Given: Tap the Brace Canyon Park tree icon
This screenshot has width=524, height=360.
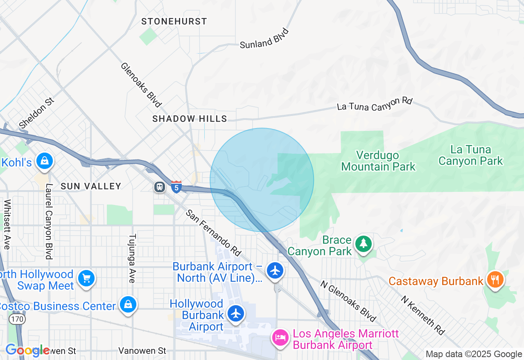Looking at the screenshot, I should (x=363, y=244).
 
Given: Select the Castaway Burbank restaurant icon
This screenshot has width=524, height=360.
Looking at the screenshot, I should (x=495, y=280).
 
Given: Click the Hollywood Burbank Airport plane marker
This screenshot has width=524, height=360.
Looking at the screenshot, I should (x=235, y=314).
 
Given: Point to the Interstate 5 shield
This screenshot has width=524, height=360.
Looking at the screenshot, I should (x=176, y=187).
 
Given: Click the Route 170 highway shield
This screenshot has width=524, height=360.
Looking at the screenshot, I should (x=18, y=318).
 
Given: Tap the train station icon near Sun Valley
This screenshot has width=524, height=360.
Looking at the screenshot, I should (x=159, y=187).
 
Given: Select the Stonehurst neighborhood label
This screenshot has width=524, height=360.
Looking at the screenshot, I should (x=174, y=21).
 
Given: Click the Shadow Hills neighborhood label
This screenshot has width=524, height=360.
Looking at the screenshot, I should (x=190, y=119).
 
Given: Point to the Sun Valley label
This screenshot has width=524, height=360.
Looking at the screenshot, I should (x=91, y=186).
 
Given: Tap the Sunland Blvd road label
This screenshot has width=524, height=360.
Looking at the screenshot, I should (x=264, y=38).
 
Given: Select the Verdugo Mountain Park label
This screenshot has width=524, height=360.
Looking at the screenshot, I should (x=378, y=161).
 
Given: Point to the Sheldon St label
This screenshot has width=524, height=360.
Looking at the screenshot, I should (x=36, y=112).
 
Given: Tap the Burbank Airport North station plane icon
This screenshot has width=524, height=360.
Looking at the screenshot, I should (x=275, y=270).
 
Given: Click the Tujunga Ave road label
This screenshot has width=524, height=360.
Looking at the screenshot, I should (x=132, y=258).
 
